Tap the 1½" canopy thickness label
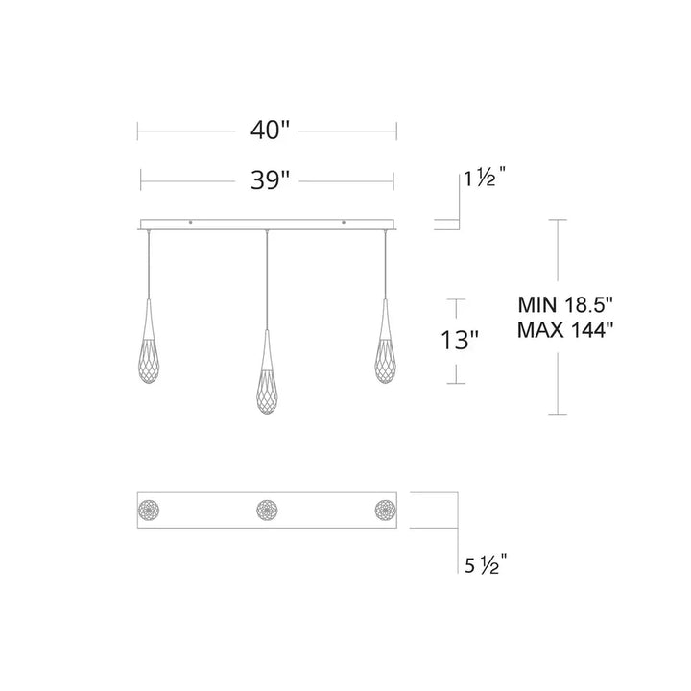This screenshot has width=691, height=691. (x=485, y=178)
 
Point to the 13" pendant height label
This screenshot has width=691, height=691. (x=462, y=340)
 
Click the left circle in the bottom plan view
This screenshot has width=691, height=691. (x=150, y=509)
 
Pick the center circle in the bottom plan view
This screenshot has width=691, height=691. (x=267, y=509)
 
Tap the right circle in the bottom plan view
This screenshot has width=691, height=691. (x=386, y=509)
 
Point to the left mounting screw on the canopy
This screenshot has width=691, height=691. (x=190, y=223)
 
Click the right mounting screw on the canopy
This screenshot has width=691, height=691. (x=343, y=223)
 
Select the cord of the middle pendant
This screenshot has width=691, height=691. (x=266, y=278)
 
